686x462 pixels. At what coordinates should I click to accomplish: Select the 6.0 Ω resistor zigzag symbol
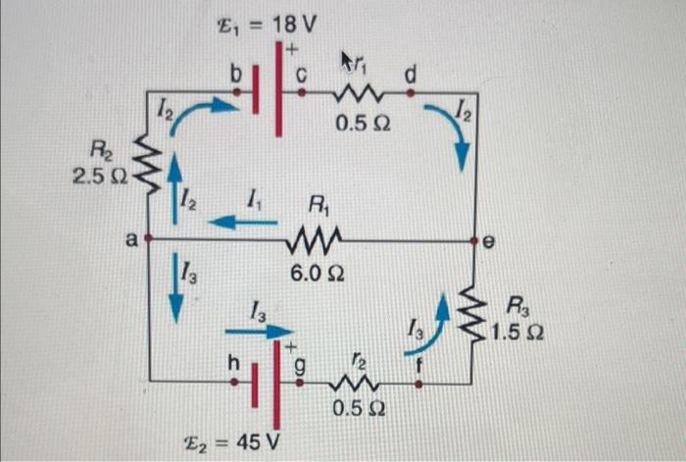pos(316,239)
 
